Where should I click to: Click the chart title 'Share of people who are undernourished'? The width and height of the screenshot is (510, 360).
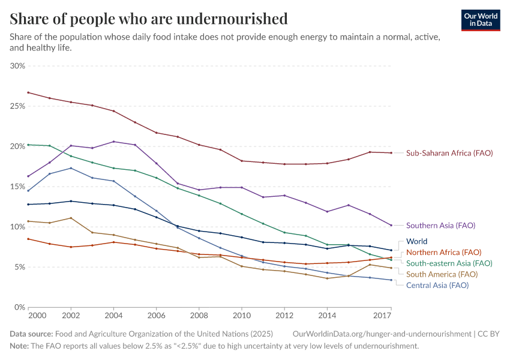(x=148, y=19)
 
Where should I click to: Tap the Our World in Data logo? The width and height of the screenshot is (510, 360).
(x=481, y=20)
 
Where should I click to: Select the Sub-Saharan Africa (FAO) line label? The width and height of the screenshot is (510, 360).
(x=449, y=153)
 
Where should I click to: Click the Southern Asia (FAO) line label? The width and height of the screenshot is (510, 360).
(x=440, y=226)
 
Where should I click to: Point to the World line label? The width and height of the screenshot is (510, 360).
(x=416, y=241)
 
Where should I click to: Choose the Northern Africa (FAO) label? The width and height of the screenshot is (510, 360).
(x=443, y=252)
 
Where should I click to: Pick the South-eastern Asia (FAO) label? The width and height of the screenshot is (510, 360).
(x=449, y=263)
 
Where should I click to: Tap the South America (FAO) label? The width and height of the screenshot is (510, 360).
(x=442, y=274)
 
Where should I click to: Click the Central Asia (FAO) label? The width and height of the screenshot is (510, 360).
(x=437, y=285)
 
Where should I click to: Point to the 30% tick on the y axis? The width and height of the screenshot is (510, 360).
(x=17, y=66)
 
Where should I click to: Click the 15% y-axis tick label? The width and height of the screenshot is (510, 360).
(x=17, y=187)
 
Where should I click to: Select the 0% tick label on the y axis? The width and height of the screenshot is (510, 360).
(x=20, y=307)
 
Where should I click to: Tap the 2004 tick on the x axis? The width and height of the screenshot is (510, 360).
(x=113, y=316)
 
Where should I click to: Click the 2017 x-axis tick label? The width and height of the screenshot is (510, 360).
(x=382, y=316)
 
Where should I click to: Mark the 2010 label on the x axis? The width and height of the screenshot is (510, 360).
(x=241, y=316)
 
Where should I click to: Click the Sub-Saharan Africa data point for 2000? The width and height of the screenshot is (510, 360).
(x=28, y=92)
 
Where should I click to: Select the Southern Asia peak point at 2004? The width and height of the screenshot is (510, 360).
(x=113, y=142)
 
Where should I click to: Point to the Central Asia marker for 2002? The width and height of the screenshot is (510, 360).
(x=71, y=168)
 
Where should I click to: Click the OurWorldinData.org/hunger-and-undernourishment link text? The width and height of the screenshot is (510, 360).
(x=382, y=334)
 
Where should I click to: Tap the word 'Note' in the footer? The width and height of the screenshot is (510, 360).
(x=19, y=346)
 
